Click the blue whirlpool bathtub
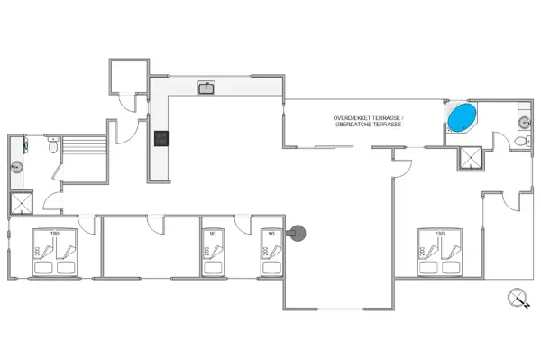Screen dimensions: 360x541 463,117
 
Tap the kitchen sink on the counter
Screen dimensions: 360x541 207,88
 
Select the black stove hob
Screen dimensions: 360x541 160,138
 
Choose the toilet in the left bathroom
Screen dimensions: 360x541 54,144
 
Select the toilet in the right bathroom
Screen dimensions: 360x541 520,142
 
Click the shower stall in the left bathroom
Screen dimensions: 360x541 18,203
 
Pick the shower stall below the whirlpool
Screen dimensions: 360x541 469,158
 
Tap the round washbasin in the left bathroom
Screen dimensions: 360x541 16,167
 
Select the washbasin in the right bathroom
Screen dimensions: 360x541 522,120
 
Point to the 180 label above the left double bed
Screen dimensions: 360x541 55,234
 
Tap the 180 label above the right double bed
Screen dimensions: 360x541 441,234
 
